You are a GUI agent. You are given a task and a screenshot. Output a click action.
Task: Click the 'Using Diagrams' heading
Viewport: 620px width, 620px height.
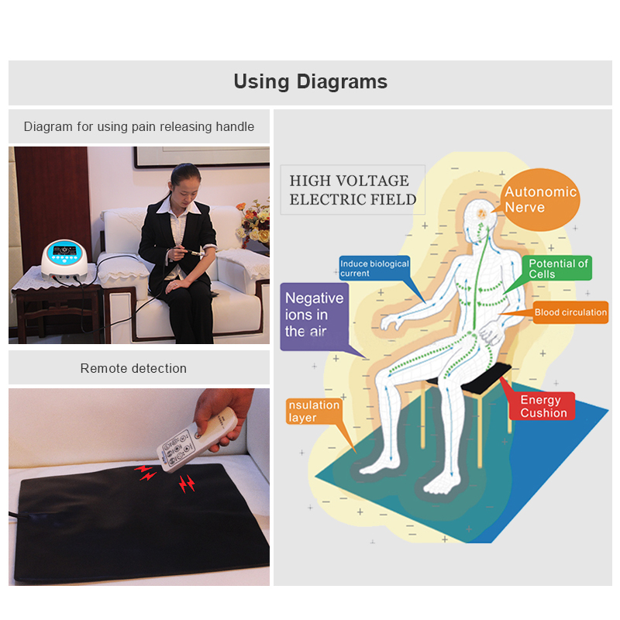coord(310,81)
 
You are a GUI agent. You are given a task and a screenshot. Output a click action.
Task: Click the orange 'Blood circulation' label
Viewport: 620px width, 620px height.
coord(570,312)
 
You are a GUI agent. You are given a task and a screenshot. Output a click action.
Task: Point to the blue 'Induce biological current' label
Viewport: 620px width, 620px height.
coord(374,268)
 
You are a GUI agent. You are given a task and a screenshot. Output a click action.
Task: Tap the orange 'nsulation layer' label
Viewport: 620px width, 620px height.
coord(313,411)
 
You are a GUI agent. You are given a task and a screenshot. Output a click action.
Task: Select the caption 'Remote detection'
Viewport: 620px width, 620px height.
coord(133,368)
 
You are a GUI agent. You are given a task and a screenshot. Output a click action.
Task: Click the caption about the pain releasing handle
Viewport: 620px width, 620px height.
coord(139,126)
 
